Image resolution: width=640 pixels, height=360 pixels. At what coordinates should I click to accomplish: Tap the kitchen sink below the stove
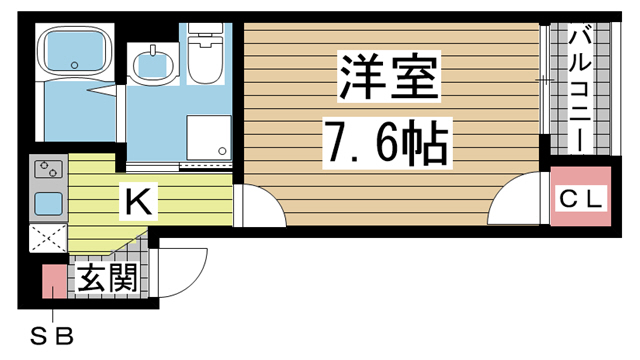49,203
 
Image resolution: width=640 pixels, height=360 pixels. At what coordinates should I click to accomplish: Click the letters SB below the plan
51,335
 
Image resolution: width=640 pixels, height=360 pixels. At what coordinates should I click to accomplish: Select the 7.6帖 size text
384,142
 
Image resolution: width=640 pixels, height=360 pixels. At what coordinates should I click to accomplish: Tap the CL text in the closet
580,200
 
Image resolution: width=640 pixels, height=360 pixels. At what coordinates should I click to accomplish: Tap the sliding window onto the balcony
545,85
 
